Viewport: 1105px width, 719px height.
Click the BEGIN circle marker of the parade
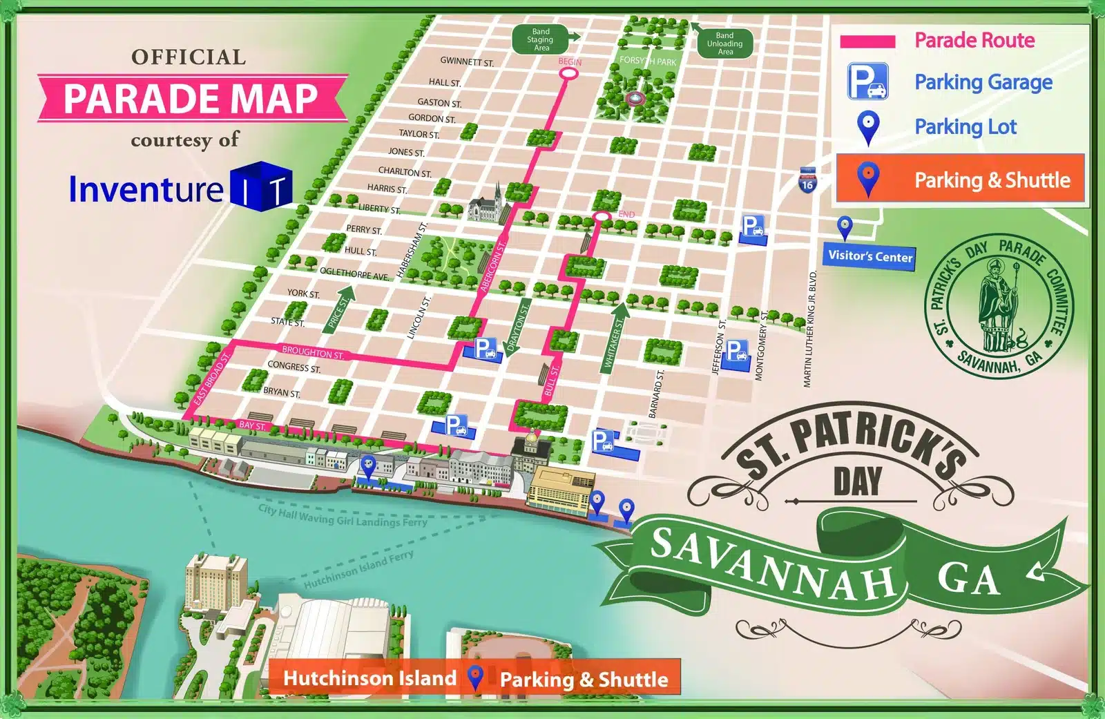(568, 72)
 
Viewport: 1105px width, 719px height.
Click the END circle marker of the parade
(602, 217)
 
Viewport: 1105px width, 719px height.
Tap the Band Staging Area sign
(541, 40)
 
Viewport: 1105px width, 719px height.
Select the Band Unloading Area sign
(724, 44)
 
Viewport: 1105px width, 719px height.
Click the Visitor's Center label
(869, 256)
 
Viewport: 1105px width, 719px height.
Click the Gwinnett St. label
(467, 62)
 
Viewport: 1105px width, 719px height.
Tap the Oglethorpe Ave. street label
(354, 274)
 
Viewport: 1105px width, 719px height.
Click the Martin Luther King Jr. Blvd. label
(809, 329)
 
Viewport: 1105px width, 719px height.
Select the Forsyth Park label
(648, 61)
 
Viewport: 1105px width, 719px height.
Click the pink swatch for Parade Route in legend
(867, 41)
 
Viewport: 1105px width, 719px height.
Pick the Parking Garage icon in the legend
(868, 82)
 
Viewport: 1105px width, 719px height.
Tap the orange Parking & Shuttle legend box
(960, 180)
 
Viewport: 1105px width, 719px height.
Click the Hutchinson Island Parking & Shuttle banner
(475, 678)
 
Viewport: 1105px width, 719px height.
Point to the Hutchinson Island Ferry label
(359, 569)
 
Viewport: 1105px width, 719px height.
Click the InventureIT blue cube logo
(262, 186)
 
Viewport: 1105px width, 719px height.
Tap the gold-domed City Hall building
(530, 448)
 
